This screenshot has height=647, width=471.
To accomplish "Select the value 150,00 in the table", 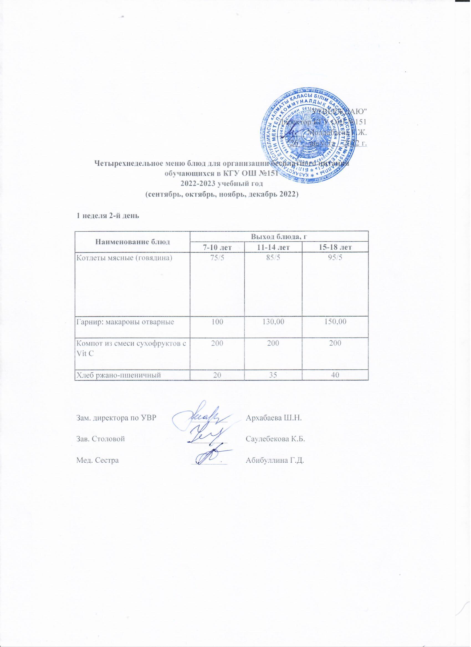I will [x=335, y=322].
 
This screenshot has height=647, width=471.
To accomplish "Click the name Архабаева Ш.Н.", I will [x=274, y=418].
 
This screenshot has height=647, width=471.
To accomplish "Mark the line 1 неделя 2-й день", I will [x=107, y=216].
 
